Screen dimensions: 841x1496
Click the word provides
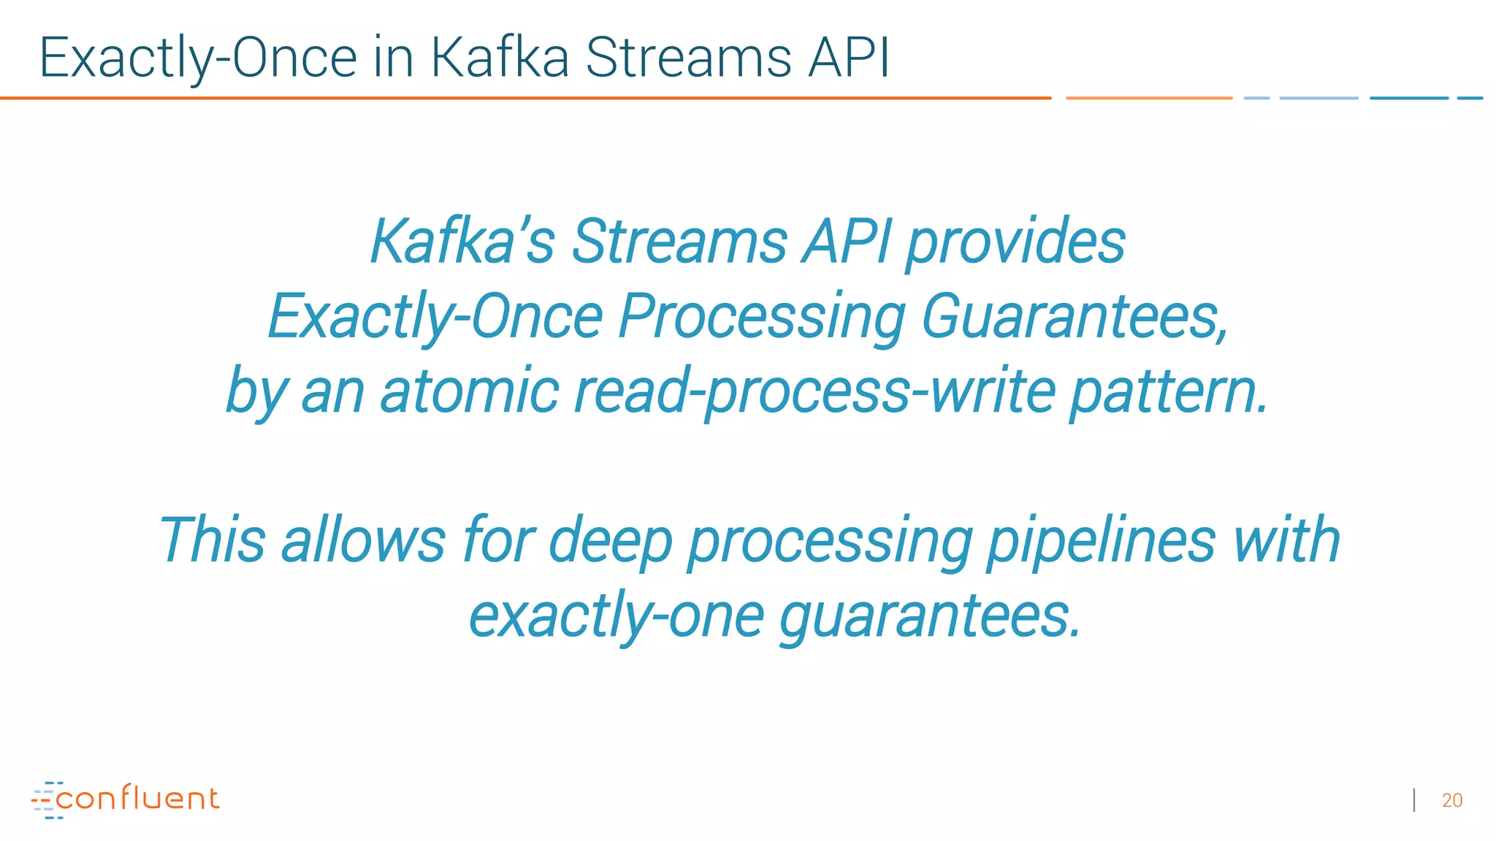[1015, 243]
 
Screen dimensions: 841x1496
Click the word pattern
[1169, 392]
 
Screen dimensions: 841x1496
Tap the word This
[212, 540]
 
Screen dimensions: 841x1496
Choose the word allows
[363, 540]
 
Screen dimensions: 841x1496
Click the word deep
[610, 542]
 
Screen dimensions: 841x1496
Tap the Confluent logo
[126, 799]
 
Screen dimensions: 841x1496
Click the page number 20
[1452, 801]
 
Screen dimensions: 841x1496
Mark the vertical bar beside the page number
[1415, 800]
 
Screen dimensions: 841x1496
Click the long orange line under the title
[526, 98]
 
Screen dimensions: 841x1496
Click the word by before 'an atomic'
[254, 392]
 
